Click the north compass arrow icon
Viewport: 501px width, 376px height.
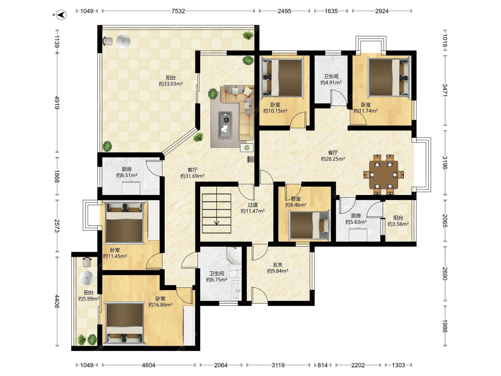pos(61,15)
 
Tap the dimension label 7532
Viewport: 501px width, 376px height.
pos(178,11)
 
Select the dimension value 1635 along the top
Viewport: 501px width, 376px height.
pos(331,11)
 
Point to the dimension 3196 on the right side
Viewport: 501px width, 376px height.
pos(445,163)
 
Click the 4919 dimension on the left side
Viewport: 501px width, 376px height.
pos(57,103)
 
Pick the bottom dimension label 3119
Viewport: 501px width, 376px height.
pos(278,365)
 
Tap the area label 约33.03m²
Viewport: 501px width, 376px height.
pos(171,84)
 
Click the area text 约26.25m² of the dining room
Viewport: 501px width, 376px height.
pos(333,159)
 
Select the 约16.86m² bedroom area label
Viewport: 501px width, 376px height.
pos(160,305)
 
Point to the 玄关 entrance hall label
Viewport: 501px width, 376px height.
pos(278,265)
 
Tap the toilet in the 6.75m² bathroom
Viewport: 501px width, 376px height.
pos(235,274)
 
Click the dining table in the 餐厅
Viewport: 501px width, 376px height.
pos(384,175)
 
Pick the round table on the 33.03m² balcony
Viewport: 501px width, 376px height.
pos(123,41)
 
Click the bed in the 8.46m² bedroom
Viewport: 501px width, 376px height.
pos(309,225)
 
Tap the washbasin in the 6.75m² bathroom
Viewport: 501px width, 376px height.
pos(237,291)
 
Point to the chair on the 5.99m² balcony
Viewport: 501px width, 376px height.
pos(87,262)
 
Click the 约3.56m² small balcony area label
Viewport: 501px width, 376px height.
pos(398,224)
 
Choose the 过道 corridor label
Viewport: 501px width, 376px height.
pos(253,205)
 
